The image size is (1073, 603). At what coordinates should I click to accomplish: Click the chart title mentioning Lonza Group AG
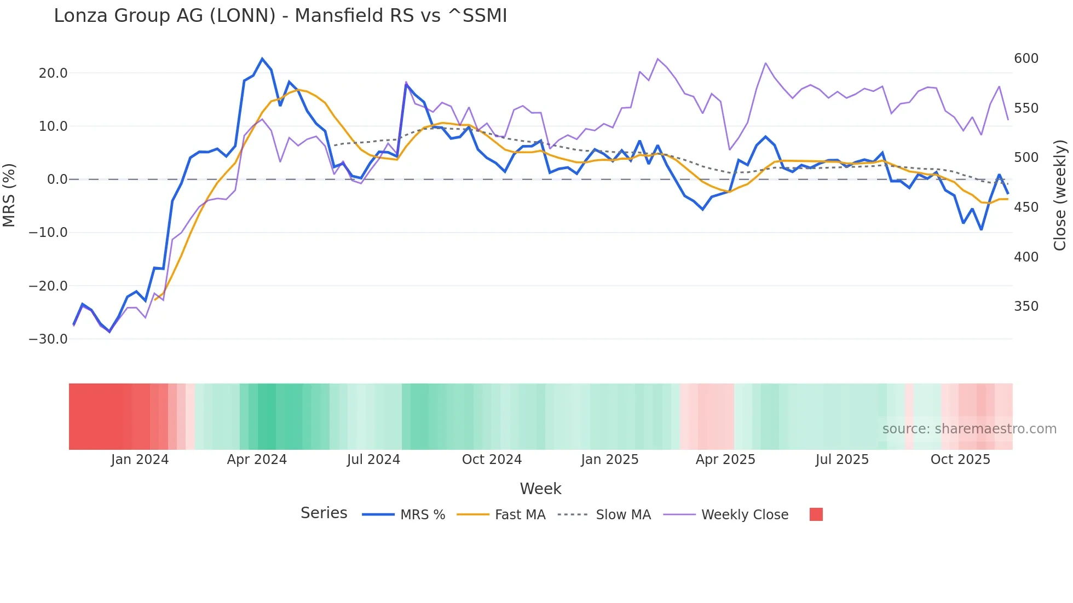tap(280, 16)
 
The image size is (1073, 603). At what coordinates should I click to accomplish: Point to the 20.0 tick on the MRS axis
tap(53, 73)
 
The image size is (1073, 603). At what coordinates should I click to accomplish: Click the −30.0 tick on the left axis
tap(48, 339)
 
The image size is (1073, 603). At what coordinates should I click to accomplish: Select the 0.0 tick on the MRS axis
tap(57, 179)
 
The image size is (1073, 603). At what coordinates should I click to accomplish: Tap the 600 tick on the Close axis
tap(1026, 59)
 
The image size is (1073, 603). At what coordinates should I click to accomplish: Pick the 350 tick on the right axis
tap(1026, 306)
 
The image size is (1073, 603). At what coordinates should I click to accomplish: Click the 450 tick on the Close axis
tap(1026, 207)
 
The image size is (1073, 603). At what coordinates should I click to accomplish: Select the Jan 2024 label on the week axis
tap(140, 460)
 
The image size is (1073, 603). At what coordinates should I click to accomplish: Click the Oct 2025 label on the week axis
tap(960, 460)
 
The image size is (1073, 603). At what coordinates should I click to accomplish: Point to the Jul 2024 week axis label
tap(373, 460)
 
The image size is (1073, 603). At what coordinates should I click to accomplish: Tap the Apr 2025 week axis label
tap(725, 460)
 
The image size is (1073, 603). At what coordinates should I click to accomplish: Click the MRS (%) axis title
tap(9, 195)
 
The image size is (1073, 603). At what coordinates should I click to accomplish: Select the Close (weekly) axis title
tap(1060, 195)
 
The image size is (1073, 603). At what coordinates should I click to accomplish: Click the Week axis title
tap(540, 489)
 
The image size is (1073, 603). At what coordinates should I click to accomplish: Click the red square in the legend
tap(816, 514)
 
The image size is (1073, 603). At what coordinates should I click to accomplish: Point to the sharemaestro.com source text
tap(969, 429)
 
